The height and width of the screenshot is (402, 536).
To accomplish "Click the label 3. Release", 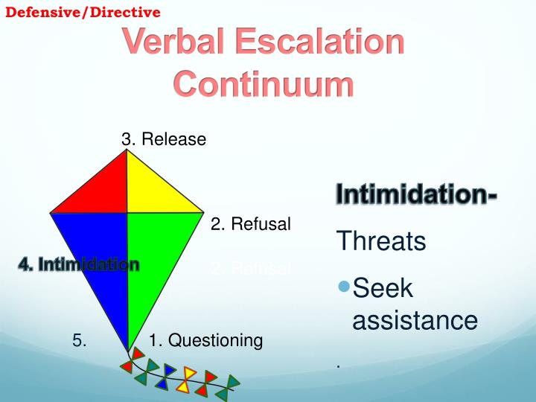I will [x=164, y=139].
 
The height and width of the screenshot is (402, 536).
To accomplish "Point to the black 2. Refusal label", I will [x=250, y=223].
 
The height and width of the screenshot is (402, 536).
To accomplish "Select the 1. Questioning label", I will [x=205, y=341].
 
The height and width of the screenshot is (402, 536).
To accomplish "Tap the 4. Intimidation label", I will [x=79, y=264].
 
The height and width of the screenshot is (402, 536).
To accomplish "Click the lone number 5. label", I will [x=80, y=341].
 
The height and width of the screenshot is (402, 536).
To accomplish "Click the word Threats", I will [x=381, y=242].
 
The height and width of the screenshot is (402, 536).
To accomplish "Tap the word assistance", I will [x=414, y=320].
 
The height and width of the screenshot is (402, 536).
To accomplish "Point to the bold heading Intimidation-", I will [x=417, y=195].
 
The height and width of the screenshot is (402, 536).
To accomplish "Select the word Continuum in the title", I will [x=264, y=84].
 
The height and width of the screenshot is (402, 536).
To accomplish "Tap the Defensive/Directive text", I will [x=83, y=12].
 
